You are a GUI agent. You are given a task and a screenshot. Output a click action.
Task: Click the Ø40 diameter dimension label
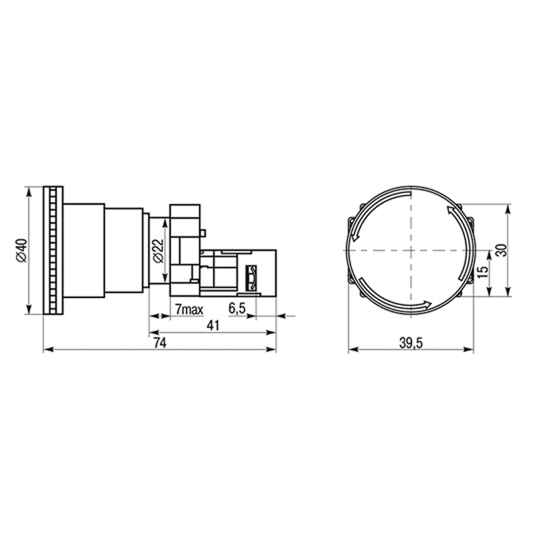tap(21, 250)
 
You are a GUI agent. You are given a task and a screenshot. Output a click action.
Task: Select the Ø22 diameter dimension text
tap(159, 251)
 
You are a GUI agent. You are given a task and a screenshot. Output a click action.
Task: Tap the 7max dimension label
tap(189, 310)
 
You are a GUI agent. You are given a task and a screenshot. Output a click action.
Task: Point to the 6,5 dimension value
tap(237, 308)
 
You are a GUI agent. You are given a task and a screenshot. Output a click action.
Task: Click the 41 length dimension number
tap(212, 326)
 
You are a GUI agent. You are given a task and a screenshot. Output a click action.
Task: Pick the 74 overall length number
tap(159, 342)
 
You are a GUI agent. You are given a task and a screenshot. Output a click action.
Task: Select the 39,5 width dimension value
tap(411, 343)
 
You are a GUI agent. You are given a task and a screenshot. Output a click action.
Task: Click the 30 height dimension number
tap(501, 250)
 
